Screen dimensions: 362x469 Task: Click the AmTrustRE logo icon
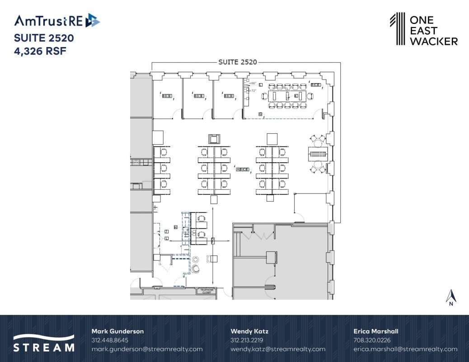tap(92, 20)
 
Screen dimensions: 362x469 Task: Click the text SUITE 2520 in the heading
tap(44, 38)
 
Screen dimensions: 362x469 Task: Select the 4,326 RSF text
tap(40, 51)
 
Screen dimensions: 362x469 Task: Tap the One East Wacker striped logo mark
tap(397, 29)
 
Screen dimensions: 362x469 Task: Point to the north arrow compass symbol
tap(450, 297)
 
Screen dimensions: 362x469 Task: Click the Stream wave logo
tap(43, 338)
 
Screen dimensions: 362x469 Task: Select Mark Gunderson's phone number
tap(110, 340)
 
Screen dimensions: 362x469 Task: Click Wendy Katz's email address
tap(277, 349)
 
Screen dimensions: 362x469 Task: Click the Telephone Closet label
tap(206, 291)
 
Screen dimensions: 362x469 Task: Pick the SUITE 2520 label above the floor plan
tap(237, 62)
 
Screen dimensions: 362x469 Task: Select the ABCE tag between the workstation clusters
tap(243, 169)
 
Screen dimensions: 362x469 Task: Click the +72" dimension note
tap(253, 90)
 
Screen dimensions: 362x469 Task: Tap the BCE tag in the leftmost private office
tap(167, 96)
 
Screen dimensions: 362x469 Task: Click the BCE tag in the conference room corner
tap(315, 85)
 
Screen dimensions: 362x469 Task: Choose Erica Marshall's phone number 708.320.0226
tap(372, 340)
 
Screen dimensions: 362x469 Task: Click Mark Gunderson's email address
tap(147, 349)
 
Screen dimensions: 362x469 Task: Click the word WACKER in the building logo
tap(433, 41)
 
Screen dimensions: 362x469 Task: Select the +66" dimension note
tap(253, 84)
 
